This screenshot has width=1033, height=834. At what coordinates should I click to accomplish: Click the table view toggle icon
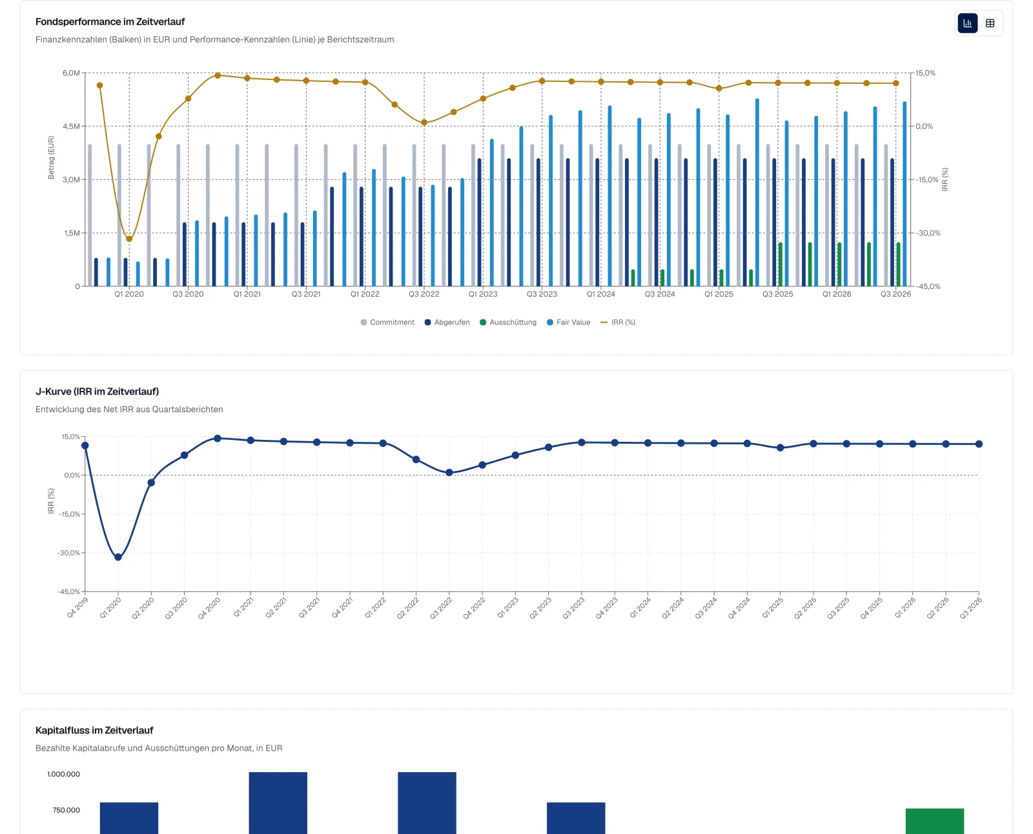(x=990, y=23)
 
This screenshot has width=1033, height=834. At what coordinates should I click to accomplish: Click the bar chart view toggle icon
(x=967, y=23)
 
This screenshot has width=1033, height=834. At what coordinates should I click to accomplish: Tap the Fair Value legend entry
(x=568, y=323)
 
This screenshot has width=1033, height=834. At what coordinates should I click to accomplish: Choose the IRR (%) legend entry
(x=618, y=323)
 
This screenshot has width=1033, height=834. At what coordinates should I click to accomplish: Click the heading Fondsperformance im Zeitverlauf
(x=110, y=22)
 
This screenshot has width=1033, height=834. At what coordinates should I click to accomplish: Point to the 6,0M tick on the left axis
(x=71, y=73)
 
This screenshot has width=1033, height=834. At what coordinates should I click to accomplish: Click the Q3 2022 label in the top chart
(x=424, y=294)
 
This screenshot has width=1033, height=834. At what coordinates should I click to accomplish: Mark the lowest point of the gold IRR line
(x=129, y=239)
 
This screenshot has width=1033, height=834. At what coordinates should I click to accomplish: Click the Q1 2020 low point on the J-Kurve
(x=118, y=557)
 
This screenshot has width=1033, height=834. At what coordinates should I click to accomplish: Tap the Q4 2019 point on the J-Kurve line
(x=85, y=445)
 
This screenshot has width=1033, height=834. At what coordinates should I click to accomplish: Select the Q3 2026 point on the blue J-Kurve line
(x=979, y=444)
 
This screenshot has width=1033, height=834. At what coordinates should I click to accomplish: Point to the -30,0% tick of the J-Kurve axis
(x=68, y=553)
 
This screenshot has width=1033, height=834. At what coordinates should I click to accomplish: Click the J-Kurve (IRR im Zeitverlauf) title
(x=97, y=392)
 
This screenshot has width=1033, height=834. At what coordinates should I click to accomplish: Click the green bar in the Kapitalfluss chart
(x=935, y=821)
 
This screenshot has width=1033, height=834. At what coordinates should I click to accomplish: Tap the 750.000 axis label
(x=66, y=810)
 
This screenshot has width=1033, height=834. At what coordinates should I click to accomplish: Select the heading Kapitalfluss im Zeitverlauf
(x=94, y=730)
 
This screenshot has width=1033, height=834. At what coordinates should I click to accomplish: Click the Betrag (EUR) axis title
(x=51, y=157)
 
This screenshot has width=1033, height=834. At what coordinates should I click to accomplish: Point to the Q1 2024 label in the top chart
(x=601, y=294)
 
